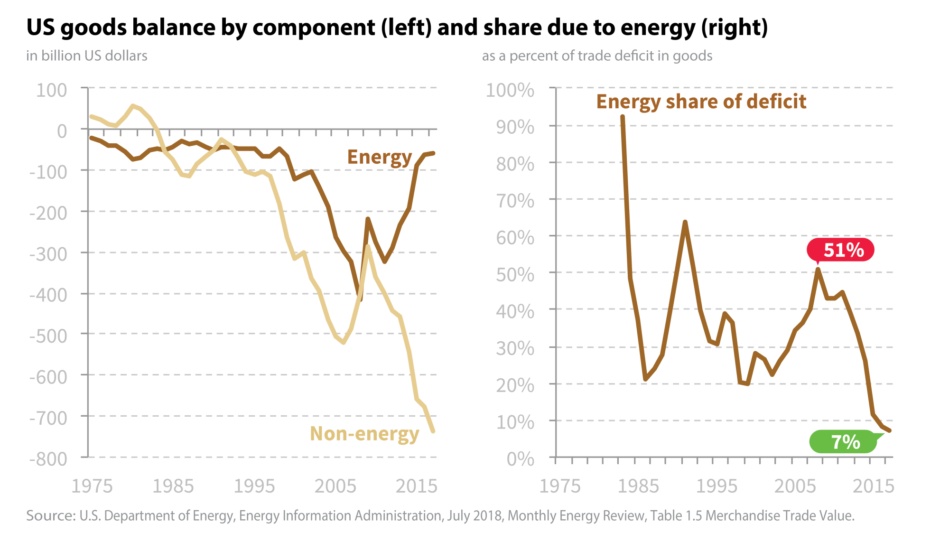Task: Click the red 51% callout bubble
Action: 840,250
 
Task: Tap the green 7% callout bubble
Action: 843,442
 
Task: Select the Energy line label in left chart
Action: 379,157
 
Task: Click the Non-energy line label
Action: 364,434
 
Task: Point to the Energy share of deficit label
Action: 701,102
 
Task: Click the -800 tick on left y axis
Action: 48,459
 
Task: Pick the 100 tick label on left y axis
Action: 52,90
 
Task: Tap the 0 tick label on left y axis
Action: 62,131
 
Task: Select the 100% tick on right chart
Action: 510,90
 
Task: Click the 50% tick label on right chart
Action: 515,275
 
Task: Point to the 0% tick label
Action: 520,459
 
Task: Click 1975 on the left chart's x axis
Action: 92,486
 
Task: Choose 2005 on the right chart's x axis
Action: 795,486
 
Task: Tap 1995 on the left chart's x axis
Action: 254,486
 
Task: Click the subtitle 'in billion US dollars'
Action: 86,56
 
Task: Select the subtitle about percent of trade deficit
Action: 597,56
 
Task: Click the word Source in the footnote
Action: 50,515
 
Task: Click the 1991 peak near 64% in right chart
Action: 685,222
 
